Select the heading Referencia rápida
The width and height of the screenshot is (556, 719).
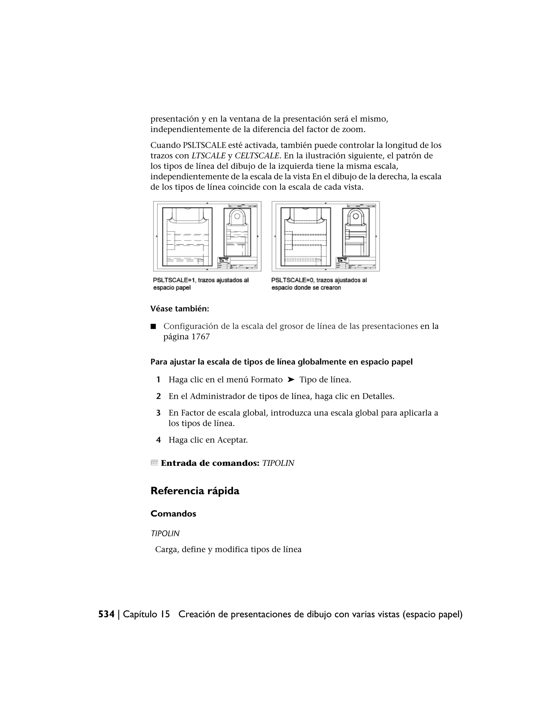click(x=195, y=491)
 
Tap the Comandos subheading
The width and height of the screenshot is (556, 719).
click(x=173, y=514)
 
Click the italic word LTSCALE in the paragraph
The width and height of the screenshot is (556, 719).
click(x=208, y=156)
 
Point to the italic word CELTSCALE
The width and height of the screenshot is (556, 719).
click(x=257, y=156)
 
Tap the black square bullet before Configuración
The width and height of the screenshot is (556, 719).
click(x=153, y=327)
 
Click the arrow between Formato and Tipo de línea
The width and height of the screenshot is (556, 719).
click(x=290, y=380)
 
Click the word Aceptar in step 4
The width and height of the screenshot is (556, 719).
click(x=233, y=440)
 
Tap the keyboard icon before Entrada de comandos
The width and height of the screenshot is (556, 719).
click(x=154, y=463)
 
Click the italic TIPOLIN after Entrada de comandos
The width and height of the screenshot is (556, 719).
click(x=278, y=463)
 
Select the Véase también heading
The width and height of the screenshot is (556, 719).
click(x=180, y=309)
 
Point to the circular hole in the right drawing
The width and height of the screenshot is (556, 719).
click(x=355, y=216)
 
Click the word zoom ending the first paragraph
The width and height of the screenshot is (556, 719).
click(x=353, y=130)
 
